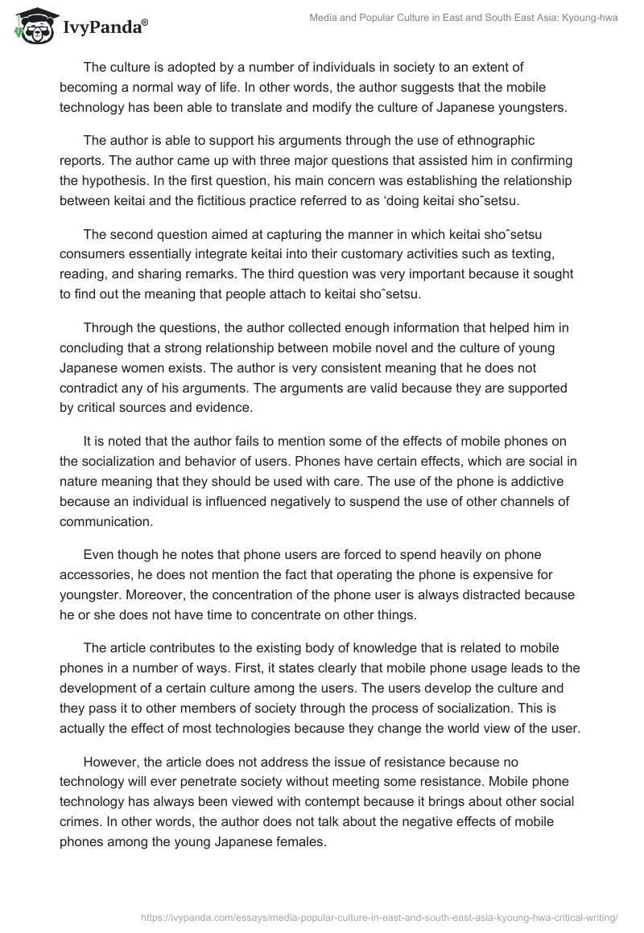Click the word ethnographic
coord(486,141)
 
